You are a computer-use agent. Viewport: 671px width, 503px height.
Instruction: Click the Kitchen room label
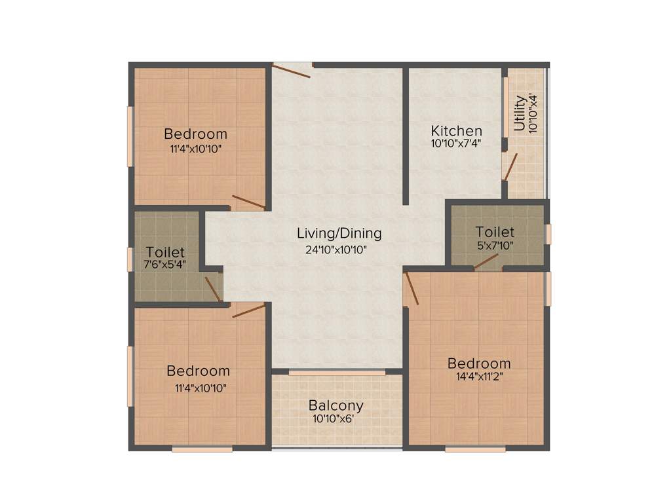[x=456, y=131]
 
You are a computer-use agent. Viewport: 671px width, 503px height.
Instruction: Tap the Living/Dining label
[x=339, y=233]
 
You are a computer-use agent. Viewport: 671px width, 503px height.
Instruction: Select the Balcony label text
[x=335, y=405]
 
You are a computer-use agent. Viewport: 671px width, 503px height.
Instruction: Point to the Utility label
[x=520, y=114]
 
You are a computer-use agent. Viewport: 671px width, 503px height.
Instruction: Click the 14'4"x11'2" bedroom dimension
[x=478, y=377]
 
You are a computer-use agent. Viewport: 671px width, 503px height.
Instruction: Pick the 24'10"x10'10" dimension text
[x=339, y=249]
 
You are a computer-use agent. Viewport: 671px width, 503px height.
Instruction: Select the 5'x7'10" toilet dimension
[x=495, y=245]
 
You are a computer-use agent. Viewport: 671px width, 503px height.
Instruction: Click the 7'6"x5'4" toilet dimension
[x=165, y=265]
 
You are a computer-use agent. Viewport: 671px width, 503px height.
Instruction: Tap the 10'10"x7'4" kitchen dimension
[x=456, y=143]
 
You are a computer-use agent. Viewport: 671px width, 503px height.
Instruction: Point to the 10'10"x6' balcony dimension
[x=335, y=419]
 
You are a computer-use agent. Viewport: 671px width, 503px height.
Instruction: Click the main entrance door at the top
[x=292, y=70]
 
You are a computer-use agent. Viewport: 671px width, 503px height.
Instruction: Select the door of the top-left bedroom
[x=249, y=202]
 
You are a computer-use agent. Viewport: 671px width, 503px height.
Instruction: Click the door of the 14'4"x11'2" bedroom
[x=412, y=289]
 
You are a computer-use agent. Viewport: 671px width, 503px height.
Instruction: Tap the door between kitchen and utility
[x=510, y=166]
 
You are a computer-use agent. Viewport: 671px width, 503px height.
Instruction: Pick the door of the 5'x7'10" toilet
[x=487, y=262]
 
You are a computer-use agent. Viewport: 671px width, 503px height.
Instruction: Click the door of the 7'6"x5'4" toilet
[x=212, y=289]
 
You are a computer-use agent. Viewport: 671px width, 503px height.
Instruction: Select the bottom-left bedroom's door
[x=248, y=309]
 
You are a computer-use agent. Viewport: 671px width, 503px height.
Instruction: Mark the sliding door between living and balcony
[x=337, y=372]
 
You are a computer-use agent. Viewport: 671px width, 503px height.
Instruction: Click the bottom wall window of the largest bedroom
[x=475, y=449]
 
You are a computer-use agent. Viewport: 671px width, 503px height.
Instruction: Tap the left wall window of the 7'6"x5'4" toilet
[x=130, y=259]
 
